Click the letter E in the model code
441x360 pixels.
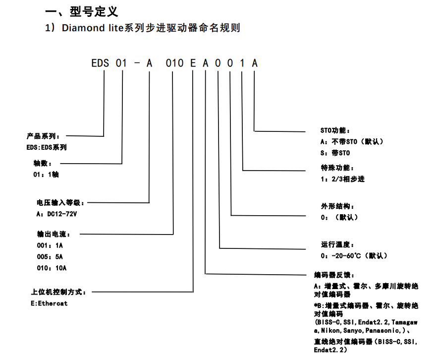(194, 63)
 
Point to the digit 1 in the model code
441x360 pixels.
(242, 63)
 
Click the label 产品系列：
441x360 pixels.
(44, 136)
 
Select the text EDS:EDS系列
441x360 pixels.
(47, 147)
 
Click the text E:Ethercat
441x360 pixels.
(49, 303)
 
